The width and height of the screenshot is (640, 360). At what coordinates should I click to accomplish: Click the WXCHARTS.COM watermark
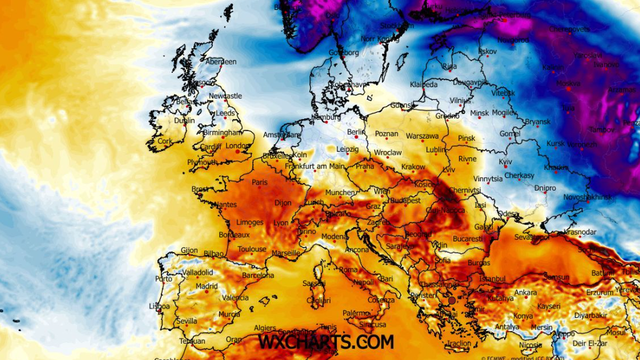pyautogui.click(x=326, y=341)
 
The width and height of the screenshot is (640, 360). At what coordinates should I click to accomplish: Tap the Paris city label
pyautogui.click(x=260, y=182)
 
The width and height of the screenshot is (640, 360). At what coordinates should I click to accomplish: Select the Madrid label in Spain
pyautogui.click(x=206, y=286)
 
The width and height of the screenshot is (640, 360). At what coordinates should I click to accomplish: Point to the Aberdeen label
pyautogui.click(x=221, y=62)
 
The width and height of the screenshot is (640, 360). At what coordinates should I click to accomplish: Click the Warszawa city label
pyautogui.click(x=422, y=136)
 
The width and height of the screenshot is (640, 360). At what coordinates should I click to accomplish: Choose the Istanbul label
pyautogui.click(x=492, y=279)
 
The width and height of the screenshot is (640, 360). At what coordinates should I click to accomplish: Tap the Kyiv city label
pyautogui.click(x=505, y=162)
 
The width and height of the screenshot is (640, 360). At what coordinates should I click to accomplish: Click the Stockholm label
pyautogui.click(x=397, y=26)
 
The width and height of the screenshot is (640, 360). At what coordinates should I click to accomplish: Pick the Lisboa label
pyautogui.click(x=159, y=307)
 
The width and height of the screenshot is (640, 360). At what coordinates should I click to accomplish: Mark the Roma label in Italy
pyautogui.click(x=348, y=270)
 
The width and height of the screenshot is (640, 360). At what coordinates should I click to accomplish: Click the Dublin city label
pyautogui.click(x=184, y=121)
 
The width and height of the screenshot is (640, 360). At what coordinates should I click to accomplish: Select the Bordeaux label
pyautogui.click(x=234, y=235)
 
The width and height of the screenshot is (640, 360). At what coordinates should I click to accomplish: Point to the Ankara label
pyautogui.click(x=525, y=293)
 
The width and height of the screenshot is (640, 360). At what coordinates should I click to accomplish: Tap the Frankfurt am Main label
pyautogui.click(x=315, y=166)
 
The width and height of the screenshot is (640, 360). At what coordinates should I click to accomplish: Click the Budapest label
pyautogui.click(x=406, y=201)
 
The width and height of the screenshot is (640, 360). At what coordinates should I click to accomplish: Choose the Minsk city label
pyautogui.click(x=479, y=113)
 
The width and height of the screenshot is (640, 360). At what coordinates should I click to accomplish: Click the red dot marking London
pyautogui.click(x=238, y=151)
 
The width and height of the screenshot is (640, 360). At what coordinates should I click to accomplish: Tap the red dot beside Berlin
pyautogui.click(x=356, y=137)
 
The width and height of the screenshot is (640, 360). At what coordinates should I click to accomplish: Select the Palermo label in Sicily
pyautogui.click(x=356, y=313)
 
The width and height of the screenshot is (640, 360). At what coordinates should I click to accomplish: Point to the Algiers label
pyautogui.click(x=265, y=329)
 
